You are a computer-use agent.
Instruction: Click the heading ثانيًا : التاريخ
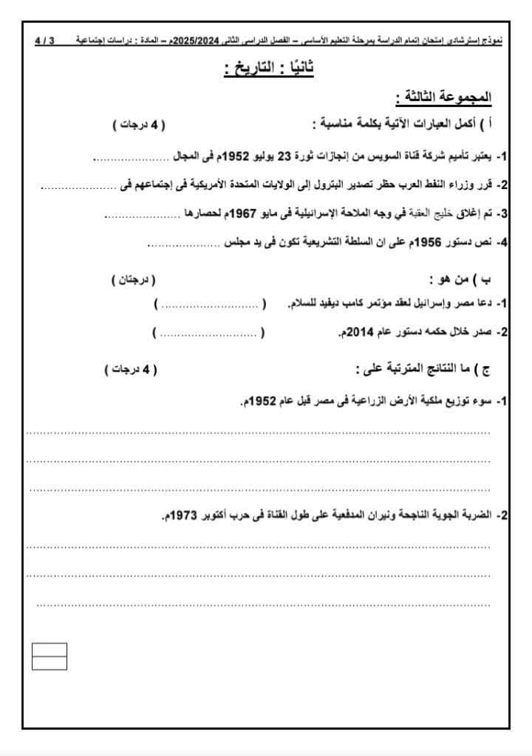click(269, 69)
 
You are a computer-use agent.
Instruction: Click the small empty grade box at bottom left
click(50, 656)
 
